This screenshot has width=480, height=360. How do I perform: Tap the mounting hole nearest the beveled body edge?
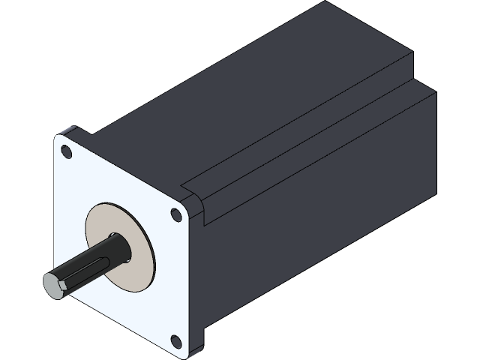click(x=176, y=215)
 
